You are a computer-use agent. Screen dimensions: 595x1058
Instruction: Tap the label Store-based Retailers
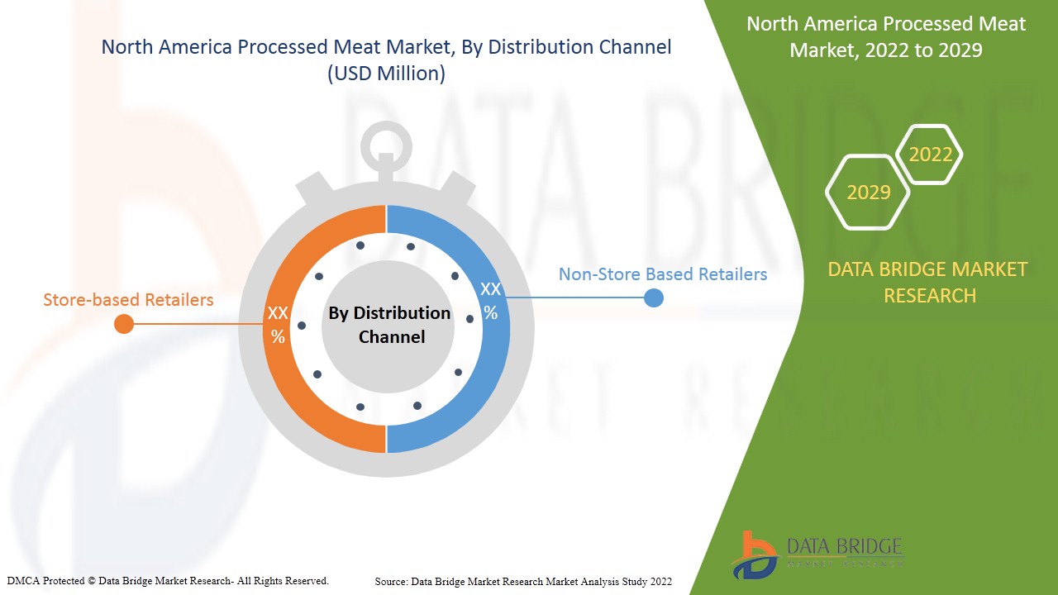tap(128, 299)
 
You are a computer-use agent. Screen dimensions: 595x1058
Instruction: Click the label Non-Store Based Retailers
tap(662, 274)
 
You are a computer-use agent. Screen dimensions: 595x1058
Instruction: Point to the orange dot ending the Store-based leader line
tap(124, 324)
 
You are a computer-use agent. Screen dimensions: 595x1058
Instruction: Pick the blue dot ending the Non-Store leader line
tap(653, 297)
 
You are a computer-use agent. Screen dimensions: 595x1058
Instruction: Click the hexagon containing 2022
tap(930, 155)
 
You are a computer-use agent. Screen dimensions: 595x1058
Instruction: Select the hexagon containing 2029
tap(868, 193)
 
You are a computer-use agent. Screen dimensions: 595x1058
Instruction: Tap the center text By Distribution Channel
tap(388, 325)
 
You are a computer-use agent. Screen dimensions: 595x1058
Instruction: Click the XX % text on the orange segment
tap(278, 325)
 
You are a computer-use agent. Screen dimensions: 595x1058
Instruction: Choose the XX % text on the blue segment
tap(490, 301)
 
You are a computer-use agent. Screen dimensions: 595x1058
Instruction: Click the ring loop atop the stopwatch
tap(385, 145)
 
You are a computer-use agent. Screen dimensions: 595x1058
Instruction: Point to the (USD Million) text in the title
tap(386, 74)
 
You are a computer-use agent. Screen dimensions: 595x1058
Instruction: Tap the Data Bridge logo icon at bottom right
tap(754, 555)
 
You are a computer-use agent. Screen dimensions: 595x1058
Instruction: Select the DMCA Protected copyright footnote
tap(167, 581)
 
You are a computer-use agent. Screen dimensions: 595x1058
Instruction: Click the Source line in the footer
tap(522, 582)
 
